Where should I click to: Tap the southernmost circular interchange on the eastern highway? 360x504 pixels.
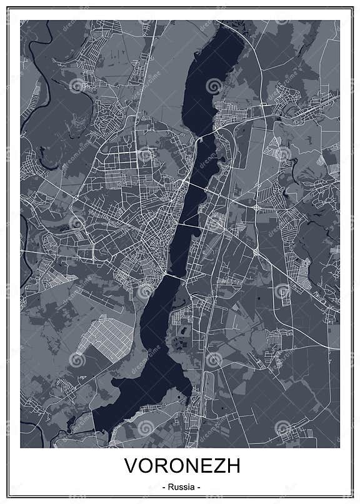[256, 251]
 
